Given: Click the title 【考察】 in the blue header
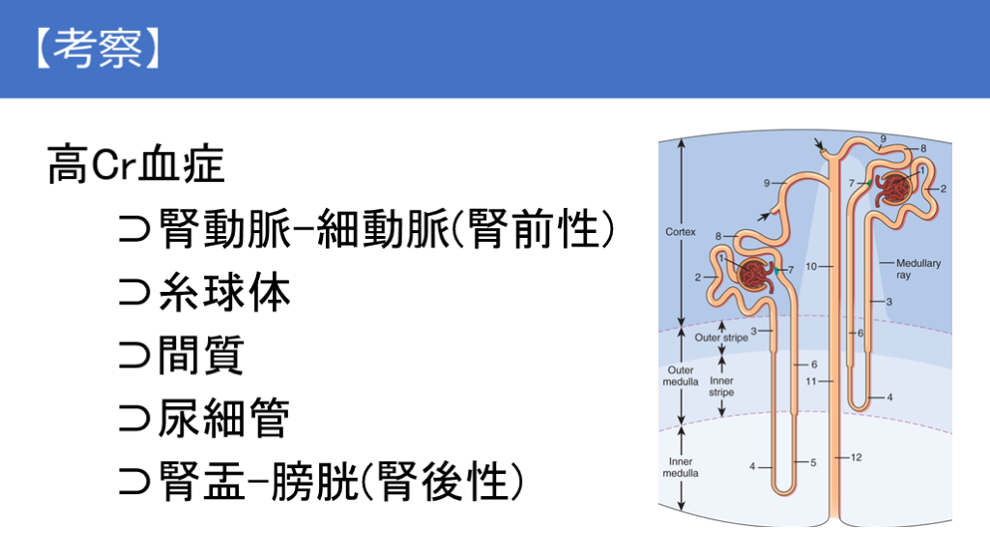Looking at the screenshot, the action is [x=99, y=48].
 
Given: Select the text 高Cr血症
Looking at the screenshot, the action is [x=135, y=164].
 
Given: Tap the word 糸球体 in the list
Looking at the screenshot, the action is [x=224, y=292].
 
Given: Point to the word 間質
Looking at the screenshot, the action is [x=201, y=355].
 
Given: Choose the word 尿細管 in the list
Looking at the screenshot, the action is [x=223, y=418].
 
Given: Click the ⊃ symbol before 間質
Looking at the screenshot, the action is [x=134, y=356].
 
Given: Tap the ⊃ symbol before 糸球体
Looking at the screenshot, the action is [x=134, y=293].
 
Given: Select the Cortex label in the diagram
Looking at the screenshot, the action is [x=680, y=232].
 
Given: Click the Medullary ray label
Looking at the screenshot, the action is [x=918, y=269].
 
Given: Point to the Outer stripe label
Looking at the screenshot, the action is [x=721, y=337].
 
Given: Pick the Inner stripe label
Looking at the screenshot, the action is [x=721, y=387].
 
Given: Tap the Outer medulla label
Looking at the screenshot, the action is [x=680, y=376].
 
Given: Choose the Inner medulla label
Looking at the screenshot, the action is [x=680, y=467].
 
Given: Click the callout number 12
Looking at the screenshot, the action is [x=857, y=457].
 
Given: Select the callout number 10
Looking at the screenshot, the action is [x=811, y=267].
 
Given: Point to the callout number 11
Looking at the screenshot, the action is [x=811, y=381].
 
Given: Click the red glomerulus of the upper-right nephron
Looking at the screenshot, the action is [x=894, y=189].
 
